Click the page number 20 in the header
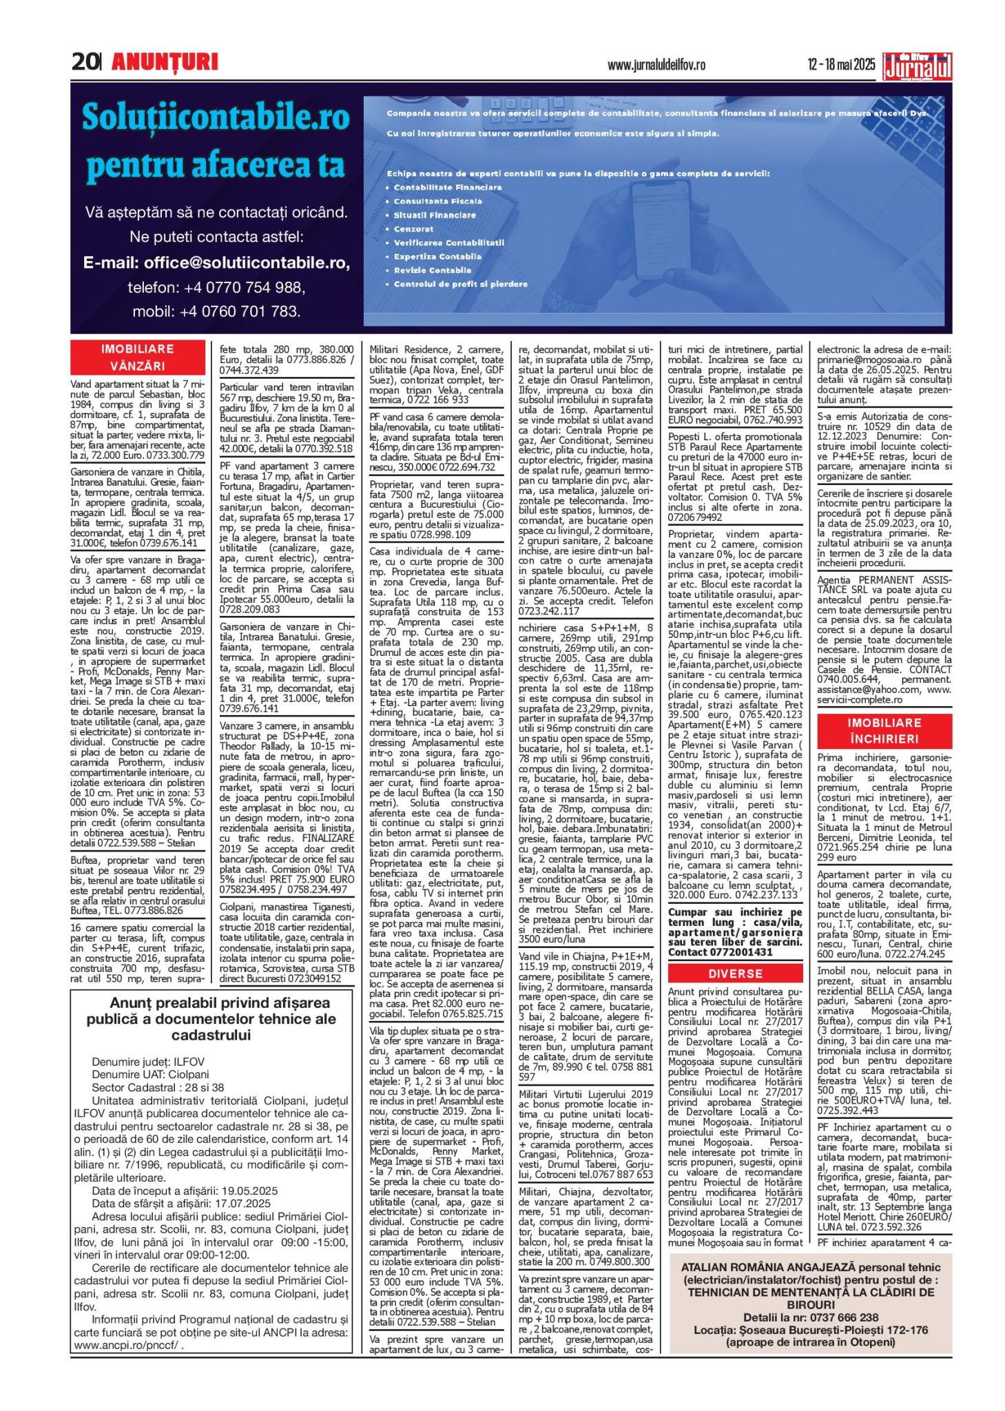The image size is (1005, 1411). coord(85,62)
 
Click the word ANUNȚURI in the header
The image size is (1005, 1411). coord(165,63)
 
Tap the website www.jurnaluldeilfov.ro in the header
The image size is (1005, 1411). coord(656,65)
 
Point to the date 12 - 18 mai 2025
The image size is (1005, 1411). coord(841,65)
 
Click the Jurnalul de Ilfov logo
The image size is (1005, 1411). coord(918,67)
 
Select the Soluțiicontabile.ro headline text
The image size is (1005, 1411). coord(216,117)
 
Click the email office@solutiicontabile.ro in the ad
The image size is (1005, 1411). coord(216,262)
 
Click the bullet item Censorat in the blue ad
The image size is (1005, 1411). coord(413,229)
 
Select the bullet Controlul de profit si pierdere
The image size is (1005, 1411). coord(460,284)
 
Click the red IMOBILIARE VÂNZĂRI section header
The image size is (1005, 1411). coord(138,357)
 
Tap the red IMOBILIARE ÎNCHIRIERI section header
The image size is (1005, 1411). coord(884,730)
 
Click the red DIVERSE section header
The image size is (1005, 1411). coord(735,974)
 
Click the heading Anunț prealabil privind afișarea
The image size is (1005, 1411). coord(211,1003)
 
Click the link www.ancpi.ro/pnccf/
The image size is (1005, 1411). coord(128,1344)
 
